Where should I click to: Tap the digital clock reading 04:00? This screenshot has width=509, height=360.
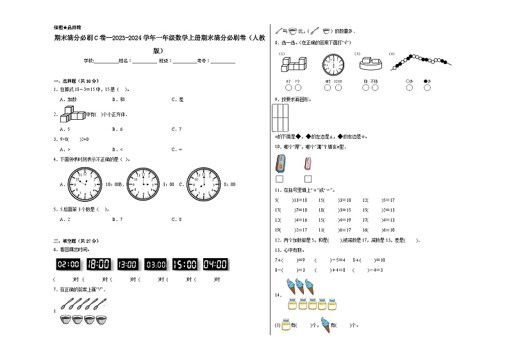click(x=215, y=264)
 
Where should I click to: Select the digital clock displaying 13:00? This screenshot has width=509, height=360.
click(x=128, y=264)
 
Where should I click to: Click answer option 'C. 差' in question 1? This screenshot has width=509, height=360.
click(x=177, y=99)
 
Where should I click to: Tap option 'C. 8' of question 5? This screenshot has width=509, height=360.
click(x=177, y=219)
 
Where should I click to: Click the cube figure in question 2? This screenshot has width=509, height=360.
click(x=71, y=115)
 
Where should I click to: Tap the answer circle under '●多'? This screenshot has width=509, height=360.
click(x=428, y=88)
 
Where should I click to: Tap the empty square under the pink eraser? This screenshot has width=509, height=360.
click(x=308, y=179)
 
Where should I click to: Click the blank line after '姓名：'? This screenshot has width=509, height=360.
click(x=144, y=61)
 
